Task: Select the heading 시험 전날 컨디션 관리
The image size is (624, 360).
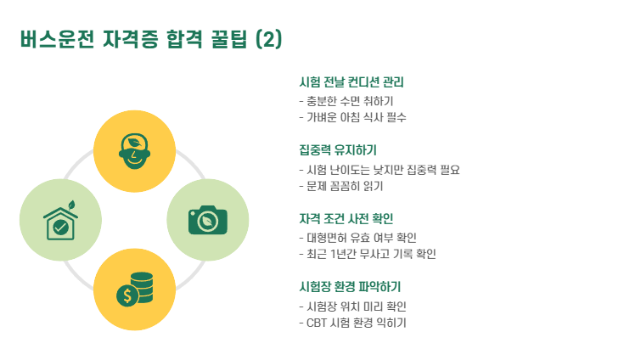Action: coord(351,83)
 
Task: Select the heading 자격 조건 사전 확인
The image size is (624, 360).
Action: coord(346,219)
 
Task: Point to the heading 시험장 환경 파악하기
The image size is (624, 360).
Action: coord(350,287)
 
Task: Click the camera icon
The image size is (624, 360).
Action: coord(206,219)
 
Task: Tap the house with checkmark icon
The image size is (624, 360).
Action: coord(60,221)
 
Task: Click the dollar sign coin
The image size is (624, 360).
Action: coord(128,295)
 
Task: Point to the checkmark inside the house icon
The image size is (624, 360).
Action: coord(60,227)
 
